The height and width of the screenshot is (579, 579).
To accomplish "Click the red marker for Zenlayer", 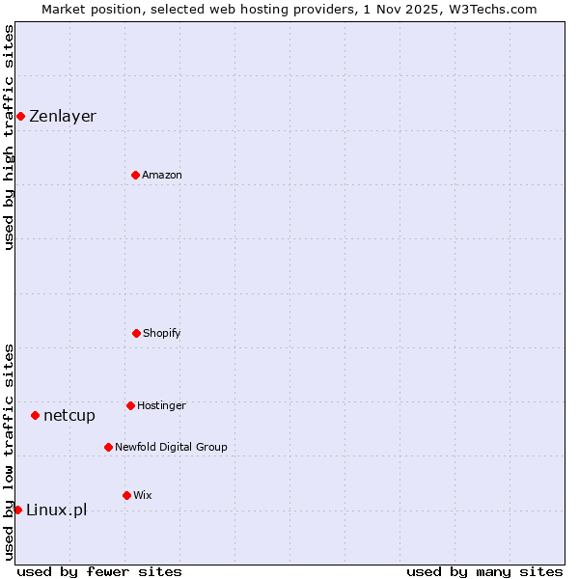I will [x=20, y=117].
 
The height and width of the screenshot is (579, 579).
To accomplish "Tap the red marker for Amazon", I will [x=135, y=175].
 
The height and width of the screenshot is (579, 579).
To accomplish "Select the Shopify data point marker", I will [x=136, y=333].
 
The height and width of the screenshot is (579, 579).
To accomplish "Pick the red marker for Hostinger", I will [x=130, y=405].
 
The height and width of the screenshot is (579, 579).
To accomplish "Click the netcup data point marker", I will [x=35, y=415].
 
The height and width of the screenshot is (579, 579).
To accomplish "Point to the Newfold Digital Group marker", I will [x=108, y=447].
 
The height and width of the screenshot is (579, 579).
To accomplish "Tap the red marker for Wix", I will [x=126, y=495].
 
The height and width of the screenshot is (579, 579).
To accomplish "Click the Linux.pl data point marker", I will [x=17, y=510].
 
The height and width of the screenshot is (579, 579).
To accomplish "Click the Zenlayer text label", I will [x=63, y=117].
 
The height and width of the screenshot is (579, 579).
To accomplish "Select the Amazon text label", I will [x=162, y=175].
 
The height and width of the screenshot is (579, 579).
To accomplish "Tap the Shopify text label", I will [x=162, y=333].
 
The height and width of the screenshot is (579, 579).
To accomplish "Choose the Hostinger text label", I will [x=161, y=405].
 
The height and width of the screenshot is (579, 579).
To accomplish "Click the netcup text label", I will [x=69, y=415].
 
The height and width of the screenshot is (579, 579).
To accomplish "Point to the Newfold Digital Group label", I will [x=171, y=447].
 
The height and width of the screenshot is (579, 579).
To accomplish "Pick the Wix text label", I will [x=143, y=495].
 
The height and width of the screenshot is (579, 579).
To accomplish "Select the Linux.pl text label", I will [x=56, y=510].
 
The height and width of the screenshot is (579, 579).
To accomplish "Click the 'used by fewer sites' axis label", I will [x=99, y=571].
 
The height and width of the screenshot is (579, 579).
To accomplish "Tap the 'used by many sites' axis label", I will [x=484, y=571].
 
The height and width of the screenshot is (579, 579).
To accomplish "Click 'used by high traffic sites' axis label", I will [x=9, y=137].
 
